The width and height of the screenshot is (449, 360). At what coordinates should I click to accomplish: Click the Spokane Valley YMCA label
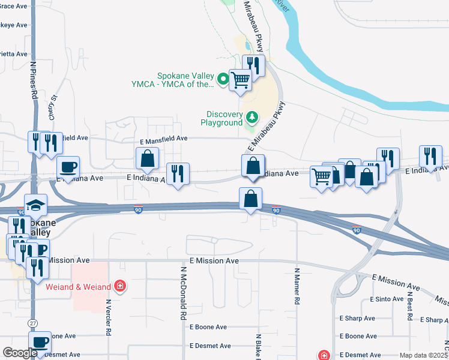(185, 80)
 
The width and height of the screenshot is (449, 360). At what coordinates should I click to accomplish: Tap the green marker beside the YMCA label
(223, 79)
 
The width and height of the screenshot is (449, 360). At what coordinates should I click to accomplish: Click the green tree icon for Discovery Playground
(253, 116)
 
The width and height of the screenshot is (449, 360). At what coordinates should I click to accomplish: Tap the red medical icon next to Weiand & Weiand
(121, 286)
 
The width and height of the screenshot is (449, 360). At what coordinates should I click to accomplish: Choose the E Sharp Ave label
(357, 319)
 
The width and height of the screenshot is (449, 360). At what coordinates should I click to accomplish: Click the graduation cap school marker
(36, 205)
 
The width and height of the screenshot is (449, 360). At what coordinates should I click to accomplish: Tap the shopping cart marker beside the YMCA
(240, 79)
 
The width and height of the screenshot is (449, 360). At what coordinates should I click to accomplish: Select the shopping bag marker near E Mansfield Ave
(147, 159)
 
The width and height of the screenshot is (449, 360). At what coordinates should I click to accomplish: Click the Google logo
(19, 353)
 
